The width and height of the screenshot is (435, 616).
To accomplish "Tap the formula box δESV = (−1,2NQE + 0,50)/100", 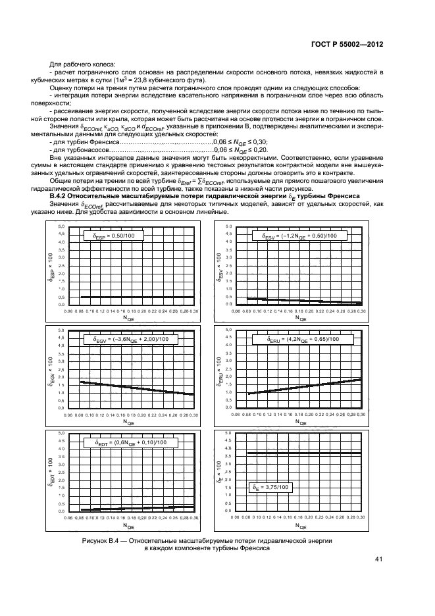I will pyautogui.click(x=297, y=235).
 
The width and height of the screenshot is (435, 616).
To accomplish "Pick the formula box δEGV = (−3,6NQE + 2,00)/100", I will pyautogui.click(x=127, y=339).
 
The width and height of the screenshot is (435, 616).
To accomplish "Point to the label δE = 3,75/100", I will pyautogui.click(x=270, y=487).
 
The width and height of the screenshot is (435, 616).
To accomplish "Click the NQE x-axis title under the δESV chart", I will pyautogui.click(x=300, y=320).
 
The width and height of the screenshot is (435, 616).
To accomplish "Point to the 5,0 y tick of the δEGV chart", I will pyautogui.click(x=61, y=330).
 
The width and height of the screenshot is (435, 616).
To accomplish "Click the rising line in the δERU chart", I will pyautogui.click(x=303, y=386).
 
